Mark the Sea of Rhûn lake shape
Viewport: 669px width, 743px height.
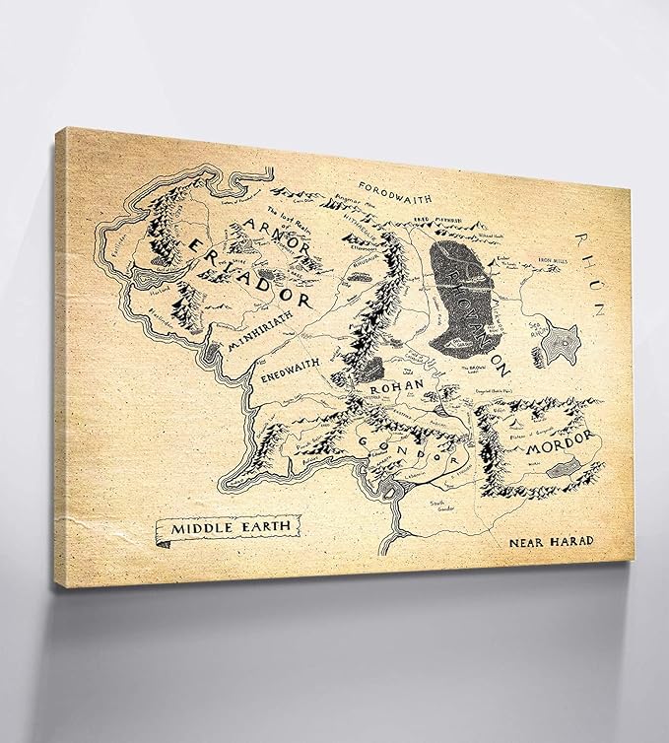[x=565, y=342]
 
